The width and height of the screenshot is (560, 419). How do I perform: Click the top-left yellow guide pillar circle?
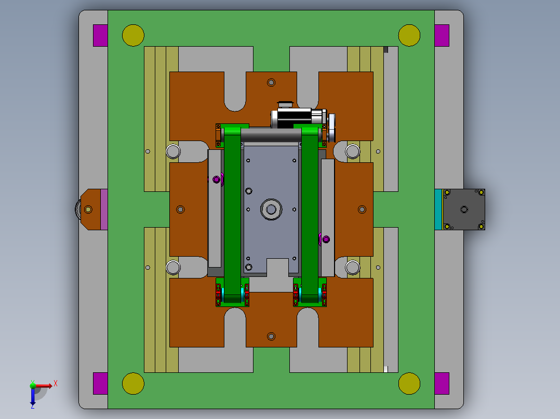click(133, 35)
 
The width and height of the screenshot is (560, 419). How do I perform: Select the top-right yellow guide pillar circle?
click(409, 35)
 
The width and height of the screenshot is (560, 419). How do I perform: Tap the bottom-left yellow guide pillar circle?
click(133, 383)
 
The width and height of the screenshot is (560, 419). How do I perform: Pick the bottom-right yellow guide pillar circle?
click(409, 383)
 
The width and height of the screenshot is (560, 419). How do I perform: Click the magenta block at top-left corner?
click(100, 35)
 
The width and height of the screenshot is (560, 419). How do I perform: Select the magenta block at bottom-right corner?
click(442, 383)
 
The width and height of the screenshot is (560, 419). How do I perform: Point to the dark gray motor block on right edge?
click(464, 209)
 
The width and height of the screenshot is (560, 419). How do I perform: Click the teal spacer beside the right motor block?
click(438, 209)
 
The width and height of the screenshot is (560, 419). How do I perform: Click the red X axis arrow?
click(44, 385)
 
